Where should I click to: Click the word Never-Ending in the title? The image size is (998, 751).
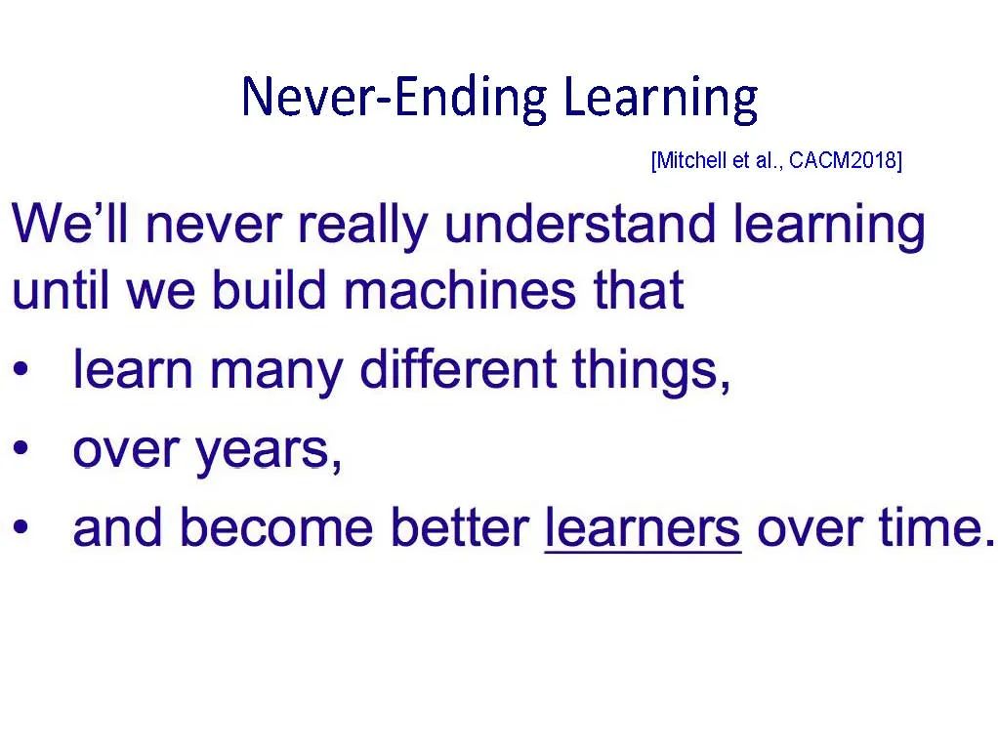coord(395,97)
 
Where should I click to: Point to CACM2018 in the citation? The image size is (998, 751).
coord(843,160)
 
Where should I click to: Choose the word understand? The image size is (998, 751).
coord(580,223)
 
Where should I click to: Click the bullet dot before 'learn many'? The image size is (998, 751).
coord(21,369)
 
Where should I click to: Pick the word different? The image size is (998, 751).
coord(458,368)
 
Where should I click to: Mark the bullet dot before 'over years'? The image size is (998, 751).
coord(21,448)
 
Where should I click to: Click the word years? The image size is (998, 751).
coord(269,454)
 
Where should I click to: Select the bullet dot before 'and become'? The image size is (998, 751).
coord(21,527)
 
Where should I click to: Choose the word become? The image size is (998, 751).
coord(277,527)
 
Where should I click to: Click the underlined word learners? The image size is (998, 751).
coord(644,528)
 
